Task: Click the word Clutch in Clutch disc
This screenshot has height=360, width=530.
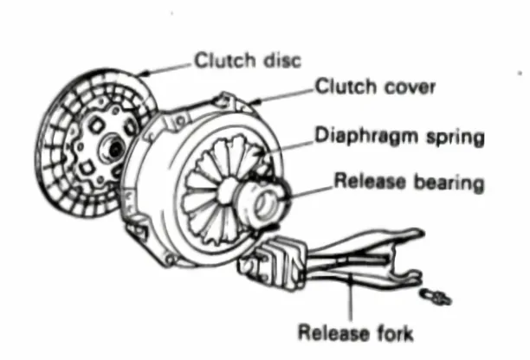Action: pyautogui.click(x=217, y=61)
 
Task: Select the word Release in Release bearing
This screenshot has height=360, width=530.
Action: pyautogui.click(x=362, y=183)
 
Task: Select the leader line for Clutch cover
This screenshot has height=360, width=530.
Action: pyautogui.click(x=286, y=90)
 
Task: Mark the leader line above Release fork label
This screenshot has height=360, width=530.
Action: pyautogui.click(x=351, y=299)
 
